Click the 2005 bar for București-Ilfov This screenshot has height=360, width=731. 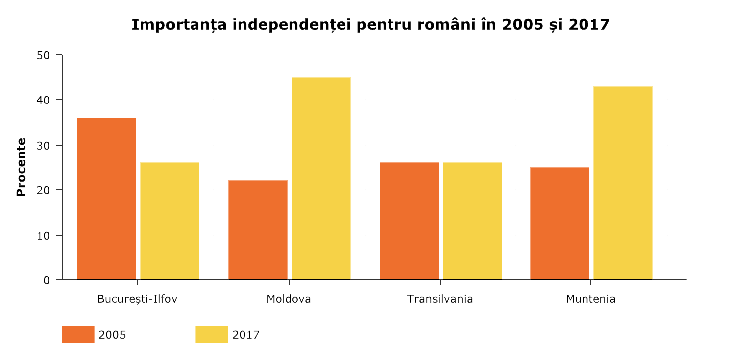[106, 199]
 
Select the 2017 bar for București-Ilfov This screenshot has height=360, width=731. [170, 221]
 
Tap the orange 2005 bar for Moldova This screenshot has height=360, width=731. [257, 230]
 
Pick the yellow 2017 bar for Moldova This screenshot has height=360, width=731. [321, 178]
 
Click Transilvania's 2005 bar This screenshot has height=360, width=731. [409, 221]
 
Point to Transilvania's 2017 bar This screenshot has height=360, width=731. [472, 221]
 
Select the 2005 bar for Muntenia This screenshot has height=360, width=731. [559, 223]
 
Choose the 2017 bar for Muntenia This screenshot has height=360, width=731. [623, 183]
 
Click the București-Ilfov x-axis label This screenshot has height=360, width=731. [137, 299]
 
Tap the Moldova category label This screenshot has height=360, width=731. [289, 299]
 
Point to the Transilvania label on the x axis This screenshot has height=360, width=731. [440, 299]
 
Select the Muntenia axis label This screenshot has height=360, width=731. [590, 299]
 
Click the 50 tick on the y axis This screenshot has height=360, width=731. [44, 55]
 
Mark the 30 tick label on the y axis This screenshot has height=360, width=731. [44, 145]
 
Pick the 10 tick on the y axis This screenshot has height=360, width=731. [44, 235]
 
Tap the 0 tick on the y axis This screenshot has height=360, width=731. [47, 280]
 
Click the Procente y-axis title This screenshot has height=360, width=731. [21, 167]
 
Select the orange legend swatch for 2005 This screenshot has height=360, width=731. [78, 334]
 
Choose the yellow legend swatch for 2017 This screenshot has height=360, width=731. [211, 334]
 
